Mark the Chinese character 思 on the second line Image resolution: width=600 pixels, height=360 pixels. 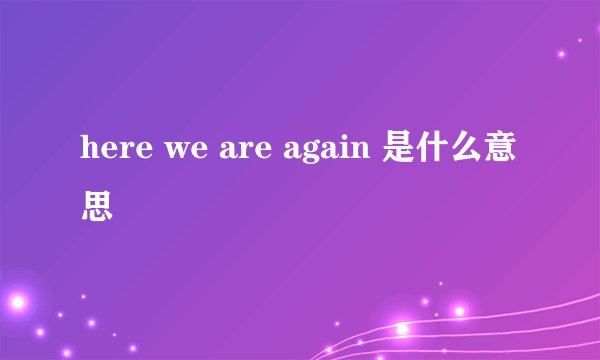[x=97, y=207]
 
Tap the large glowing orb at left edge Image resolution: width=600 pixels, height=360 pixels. [x=14, y=301]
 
